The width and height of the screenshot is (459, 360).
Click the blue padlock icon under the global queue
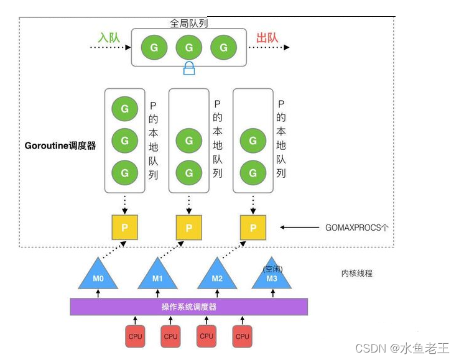point(189,69)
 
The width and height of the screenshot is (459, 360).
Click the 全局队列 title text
point(188,23)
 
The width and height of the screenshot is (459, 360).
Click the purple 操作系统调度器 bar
point(188,307)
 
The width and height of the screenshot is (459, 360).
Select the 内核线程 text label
point(357,273)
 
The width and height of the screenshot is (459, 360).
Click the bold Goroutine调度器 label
point(60,146)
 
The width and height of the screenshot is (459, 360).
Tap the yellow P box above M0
point(124,228)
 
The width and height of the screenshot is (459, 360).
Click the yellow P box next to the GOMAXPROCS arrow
point(253,228)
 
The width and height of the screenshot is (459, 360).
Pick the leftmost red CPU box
point(135,336)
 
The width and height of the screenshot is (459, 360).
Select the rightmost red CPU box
point(243,336)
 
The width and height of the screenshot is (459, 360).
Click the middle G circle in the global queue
point(188,47)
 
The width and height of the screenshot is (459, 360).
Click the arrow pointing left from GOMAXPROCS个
point(300,228)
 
